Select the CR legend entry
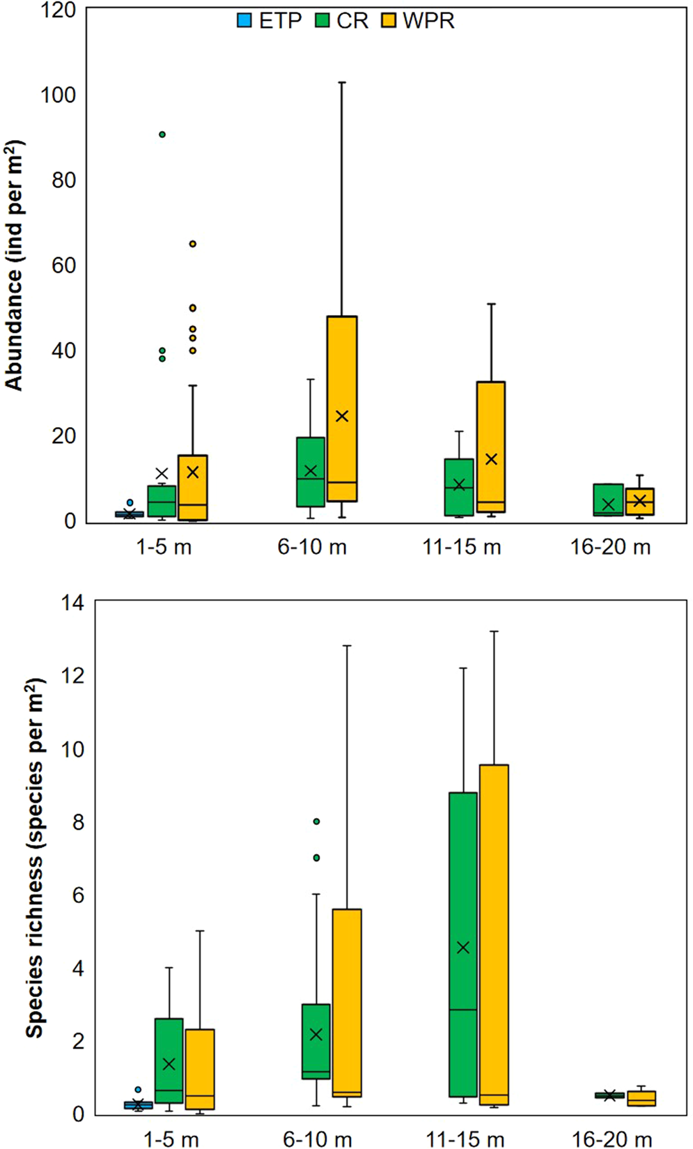point(342,20)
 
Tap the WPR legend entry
point(418,20)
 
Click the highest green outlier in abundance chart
point(162,134)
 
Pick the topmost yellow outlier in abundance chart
point(193,244)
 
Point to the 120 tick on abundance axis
point(59,10)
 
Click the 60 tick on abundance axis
point(63,265)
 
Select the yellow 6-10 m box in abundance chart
point(342,408)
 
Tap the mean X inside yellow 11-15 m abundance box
point(492,459)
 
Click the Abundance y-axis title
point(15,265)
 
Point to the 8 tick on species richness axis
point(77,822)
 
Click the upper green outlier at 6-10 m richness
point(316,822)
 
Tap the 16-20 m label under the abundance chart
point(611,548)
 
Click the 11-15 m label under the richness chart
point(465,1140)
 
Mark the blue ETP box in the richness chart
point(138,1105)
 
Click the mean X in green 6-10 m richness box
point(316,1035)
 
